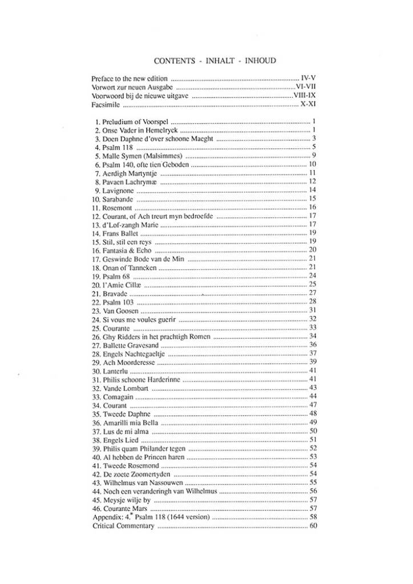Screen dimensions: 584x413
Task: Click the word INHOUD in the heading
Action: click(261, 59)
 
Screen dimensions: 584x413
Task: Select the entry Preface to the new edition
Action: click(129, 78)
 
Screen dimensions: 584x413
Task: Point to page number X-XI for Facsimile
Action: click(308, 106)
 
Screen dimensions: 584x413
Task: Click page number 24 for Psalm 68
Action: click(313, 275)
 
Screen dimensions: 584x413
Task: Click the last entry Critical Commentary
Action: click(123, 526)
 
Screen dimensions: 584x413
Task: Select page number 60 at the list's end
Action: click(313, 526)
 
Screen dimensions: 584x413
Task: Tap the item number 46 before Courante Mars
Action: click(96, 508)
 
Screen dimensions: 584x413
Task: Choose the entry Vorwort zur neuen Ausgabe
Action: click(132, 87)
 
